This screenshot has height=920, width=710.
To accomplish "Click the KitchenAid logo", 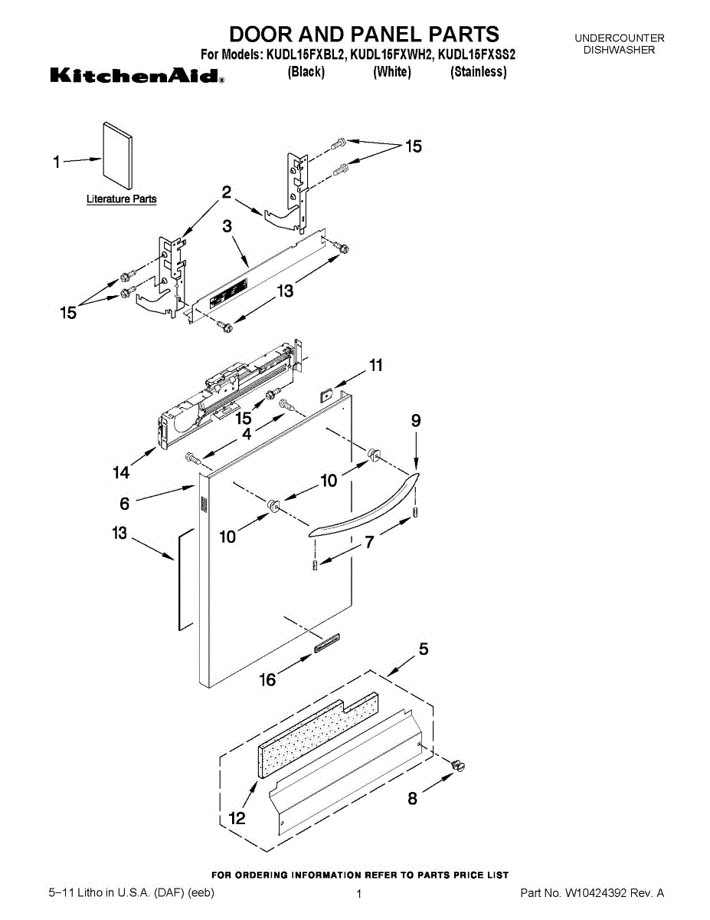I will [x=137, y=76].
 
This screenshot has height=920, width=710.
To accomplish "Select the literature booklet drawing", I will [x=116, y=155].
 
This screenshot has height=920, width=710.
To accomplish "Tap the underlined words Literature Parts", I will [x=121, y=199].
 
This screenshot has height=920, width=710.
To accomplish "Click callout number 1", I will [x=56, y=162].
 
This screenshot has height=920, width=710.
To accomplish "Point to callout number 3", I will [x=227, y=226].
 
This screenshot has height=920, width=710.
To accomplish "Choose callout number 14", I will [x=121, y=473].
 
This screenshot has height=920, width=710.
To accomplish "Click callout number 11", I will [x=375, y=366].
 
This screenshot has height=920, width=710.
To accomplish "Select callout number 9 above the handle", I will [x=416, y=420].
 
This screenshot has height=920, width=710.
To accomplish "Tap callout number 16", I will [x=268, y=679].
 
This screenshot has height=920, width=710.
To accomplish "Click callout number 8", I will [x=413, y=798].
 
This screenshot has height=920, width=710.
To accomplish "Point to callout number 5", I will [x=423, y=650].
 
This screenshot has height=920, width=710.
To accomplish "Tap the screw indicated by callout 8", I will [x=459, y=765].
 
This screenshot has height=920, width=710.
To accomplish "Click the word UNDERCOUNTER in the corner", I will [x=619, y=38].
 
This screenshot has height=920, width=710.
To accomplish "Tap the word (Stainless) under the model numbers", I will [x=478, y=72].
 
